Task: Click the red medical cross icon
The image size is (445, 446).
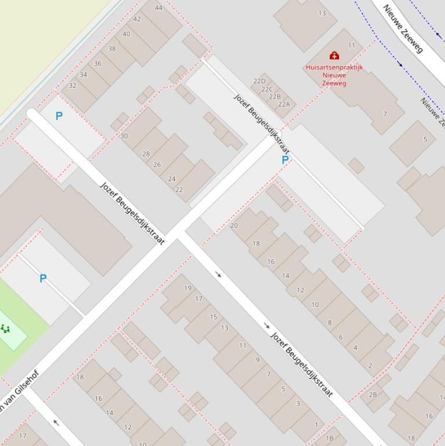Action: click(x=334, y=56)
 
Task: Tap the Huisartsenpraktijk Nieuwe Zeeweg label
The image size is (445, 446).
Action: click(x=334, y=75)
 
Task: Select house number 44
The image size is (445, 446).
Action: click(x=159, y=8)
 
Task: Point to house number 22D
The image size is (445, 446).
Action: click(x=259, y=82)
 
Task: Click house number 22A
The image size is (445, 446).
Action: click(x=284, y=104)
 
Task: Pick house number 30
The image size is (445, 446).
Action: click(x=124, y=136)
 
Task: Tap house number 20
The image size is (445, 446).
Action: click(x=234, y=226)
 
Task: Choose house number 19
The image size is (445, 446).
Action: click(x=187, y=288)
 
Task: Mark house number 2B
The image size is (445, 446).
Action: click(x=373, y=395)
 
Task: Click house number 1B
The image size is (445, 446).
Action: click(x=329, y=438)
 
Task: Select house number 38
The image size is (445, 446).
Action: click(x=112, y=49)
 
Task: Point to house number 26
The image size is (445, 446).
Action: click(x=157, y=165)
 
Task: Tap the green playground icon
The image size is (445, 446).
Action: click(x=6, y=329)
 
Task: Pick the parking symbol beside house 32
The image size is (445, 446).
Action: click(x=59, y=116)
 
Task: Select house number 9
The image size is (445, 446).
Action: click(x=258, y=360)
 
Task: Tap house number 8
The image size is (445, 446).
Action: click(x=330, y=323)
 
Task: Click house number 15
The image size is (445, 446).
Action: click(x=213, y=317)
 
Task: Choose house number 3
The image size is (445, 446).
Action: click(x=298, y=404)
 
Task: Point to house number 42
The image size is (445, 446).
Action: click(x=137, y=19)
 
